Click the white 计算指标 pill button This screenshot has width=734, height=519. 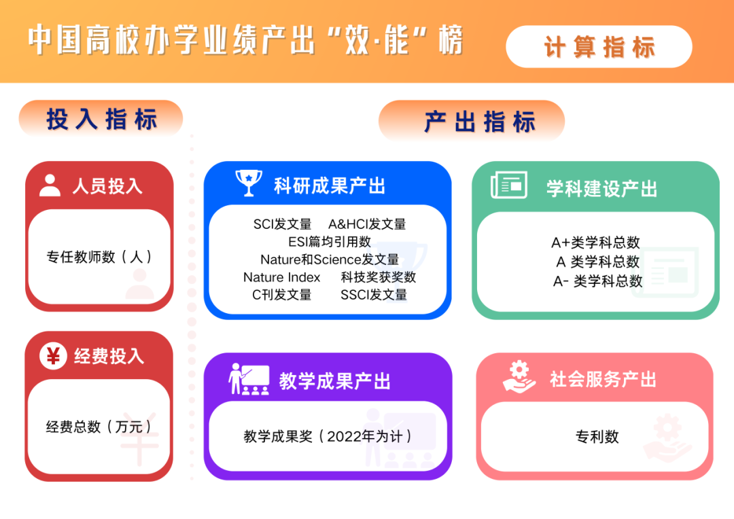[x=599, y=47]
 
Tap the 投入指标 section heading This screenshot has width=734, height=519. [x=101, y=119]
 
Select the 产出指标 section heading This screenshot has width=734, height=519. [x=472, y=121]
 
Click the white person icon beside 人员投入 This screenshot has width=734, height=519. [x=50, y=185]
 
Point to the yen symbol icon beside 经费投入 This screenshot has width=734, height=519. [x=53, y=356]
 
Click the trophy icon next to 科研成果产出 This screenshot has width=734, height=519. [x=249, y=183]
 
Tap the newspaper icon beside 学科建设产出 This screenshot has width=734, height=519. [x=509, y=185]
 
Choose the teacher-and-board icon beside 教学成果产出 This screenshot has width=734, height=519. [x=249, y=379]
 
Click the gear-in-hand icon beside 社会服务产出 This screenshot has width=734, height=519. [x=519, y=376]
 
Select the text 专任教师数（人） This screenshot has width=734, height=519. [x=99, y=257]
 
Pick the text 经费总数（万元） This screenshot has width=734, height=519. [x=99, y=427]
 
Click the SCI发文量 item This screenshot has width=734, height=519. [x=282, y=224]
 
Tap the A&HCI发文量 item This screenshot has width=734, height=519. [x=367, y=224]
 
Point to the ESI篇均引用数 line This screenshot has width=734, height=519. [x=330, y=241]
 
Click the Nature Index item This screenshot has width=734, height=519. [x=282, y=277]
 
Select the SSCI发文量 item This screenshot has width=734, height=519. [x=374, y=295]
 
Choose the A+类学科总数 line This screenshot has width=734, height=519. [x=595, y=243]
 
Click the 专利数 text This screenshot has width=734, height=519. [x=597, y=437]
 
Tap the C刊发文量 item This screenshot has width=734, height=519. [x=282, y=295]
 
